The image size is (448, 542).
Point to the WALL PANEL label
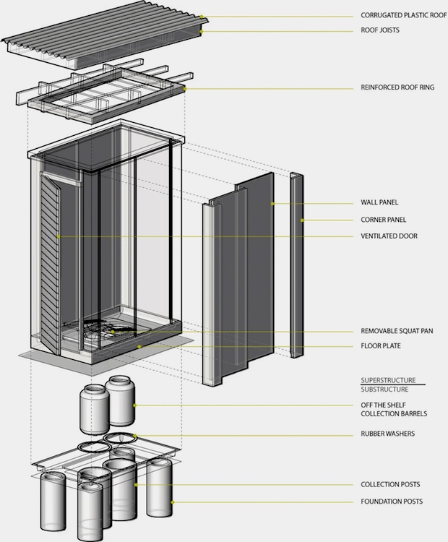click(x=379, y=203)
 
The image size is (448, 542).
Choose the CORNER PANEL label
click(x=383, y=220)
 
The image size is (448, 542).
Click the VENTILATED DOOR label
click(x=388, y=236)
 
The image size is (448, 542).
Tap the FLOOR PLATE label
click(x=380, y=346)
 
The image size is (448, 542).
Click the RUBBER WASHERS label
click(x=387, y=434)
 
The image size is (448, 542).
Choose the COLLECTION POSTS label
click(x=390, y=484)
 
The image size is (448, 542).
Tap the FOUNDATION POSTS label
click(x=392, y=502)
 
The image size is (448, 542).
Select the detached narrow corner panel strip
click(x=296, y=264)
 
